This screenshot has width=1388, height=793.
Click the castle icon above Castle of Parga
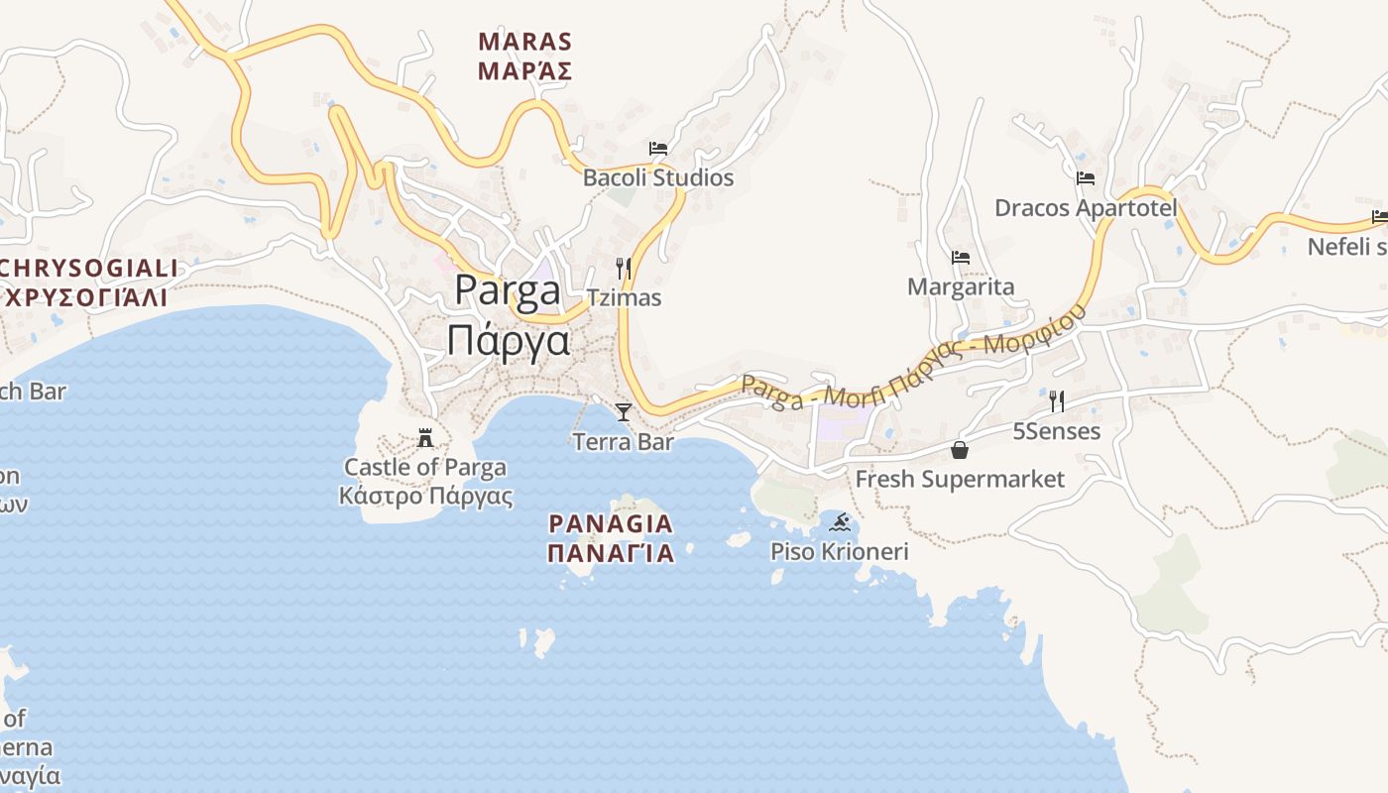(426, 437)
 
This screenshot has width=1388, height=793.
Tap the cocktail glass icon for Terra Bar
(623, 411)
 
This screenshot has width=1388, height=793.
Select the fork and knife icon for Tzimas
(623, 268)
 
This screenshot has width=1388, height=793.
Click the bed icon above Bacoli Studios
(658, 149)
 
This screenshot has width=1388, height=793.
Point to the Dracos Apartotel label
(1086, 208)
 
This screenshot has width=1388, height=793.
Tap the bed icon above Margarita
(960, 258)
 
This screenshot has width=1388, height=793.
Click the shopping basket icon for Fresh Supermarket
(960, 450)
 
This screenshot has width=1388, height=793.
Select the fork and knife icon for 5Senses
(1057, 401)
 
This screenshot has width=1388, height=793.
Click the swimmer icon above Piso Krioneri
(840, 522)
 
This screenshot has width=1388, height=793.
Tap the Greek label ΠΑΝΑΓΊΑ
(611, 553)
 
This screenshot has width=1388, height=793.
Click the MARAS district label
(525, 42)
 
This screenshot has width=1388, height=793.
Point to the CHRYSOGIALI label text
(89, 269)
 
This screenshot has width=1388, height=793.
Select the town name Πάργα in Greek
(509, 341)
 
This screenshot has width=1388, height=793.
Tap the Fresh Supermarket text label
(960, 480)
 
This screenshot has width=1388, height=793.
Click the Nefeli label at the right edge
(1346, 246)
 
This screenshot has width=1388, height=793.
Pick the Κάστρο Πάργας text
(425, 496)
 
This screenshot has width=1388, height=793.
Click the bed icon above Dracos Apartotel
(1086, 178)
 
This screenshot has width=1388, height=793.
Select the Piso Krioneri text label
(840, 551)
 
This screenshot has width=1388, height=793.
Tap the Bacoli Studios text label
(658, 178)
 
